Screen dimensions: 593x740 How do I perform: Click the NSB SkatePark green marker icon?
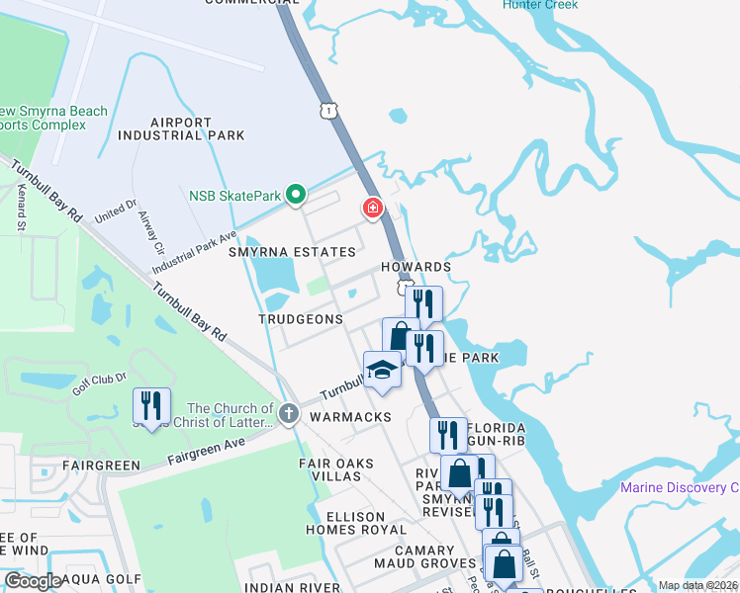pos(295,195)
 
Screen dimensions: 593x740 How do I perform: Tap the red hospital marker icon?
pos(372,208)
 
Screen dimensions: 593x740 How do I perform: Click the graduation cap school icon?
pos(382,371)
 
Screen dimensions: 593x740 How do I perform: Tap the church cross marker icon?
pos(288,413)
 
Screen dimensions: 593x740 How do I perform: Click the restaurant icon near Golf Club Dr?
pos(151,406)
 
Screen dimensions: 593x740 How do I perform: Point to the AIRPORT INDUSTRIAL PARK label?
pos(181,128)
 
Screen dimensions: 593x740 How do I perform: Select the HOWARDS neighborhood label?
pos(416,267)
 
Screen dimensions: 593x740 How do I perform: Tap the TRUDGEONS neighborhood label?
pos(301,319)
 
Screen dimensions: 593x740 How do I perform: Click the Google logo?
pos(33,581)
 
